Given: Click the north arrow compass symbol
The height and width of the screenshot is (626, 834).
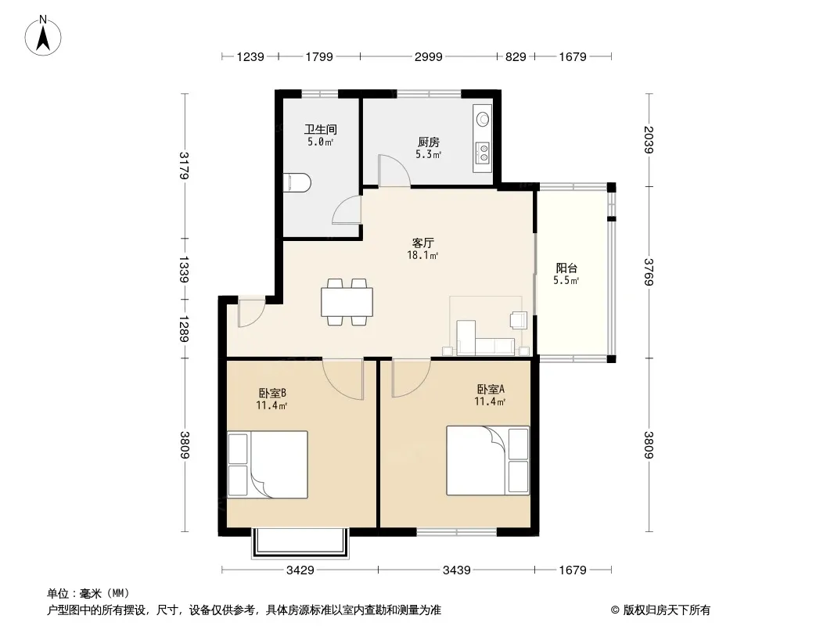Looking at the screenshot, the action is [x=43, y=36].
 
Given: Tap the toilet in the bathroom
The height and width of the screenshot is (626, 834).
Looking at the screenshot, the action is [x=297, y=182].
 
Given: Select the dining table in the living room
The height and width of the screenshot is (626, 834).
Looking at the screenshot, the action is [x=347, y=302].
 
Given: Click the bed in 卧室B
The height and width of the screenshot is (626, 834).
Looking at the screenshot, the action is [x=268, y=464].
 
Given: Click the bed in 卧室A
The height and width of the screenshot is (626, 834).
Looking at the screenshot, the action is [x=487, y=461].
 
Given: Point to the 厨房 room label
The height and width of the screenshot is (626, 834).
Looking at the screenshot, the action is [x=428, y=142].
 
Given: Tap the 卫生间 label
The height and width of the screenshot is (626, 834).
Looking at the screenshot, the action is [x=321, y=129].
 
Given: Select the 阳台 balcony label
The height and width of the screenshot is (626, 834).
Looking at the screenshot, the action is [x=566, y=268].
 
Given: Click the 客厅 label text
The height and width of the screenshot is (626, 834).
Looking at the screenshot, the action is [x=422, y=243].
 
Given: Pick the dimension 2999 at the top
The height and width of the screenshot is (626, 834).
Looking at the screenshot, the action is [x=428, y=56].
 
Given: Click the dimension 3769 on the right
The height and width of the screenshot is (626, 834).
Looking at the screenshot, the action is [x=649, y=272].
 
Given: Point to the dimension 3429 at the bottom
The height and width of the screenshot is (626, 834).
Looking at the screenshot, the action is [x=300, y=570].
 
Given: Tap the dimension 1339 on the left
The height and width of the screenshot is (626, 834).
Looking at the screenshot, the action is [x=184, y=270].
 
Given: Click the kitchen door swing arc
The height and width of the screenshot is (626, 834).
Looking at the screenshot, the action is [x=394, y=171].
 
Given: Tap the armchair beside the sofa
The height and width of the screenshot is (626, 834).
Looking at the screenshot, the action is [x=518, y=319].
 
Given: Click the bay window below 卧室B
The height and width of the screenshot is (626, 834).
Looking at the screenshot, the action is [x=300, y=543].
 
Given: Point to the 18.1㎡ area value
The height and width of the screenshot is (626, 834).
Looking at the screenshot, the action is [x=422, y=255].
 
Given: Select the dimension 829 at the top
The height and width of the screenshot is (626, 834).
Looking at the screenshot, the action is [x=516, y=56].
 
